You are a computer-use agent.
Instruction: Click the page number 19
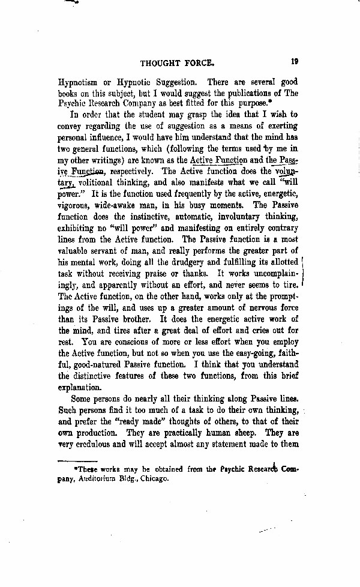293,60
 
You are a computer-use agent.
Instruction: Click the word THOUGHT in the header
163,61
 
